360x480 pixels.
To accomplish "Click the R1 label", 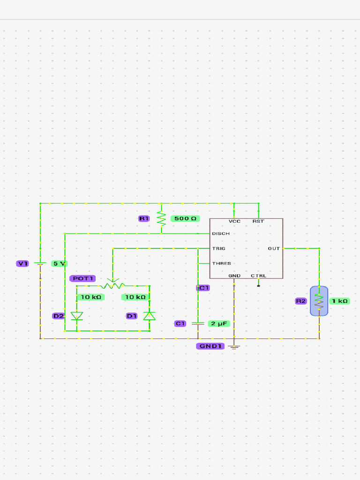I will (143, 219).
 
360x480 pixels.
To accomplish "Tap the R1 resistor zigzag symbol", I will (161, 218).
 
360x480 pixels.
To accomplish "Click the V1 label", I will (22, 263).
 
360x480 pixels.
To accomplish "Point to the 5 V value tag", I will (59, 263).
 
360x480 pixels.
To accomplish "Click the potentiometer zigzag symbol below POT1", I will (112, 285).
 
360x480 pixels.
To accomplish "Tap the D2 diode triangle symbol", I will (76, 316).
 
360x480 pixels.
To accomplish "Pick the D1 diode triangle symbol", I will (149, 316).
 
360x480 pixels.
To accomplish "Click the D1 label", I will (132, 316).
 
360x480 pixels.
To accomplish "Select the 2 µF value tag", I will (219, 323).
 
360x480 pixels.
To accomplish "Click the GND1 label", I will (210, 346).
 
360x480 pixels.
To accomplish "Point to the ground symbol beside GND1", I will (234, 346).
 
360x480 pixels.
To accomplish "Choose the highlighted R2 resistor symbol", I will (319, 301).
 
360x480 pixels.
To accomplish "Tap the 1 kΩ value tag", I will (339, 301).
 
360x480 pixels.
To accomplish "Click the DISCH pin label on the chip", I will (221, 233).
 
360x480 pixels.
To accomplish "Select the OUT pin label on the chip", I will (274, 248).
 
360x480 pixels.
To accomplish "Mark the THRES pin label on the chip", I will (221, 263).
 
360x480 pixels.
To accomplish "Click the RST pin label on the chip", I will (258, 221).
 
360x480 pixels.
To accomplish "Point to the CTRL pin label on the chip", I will (258, 276).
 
